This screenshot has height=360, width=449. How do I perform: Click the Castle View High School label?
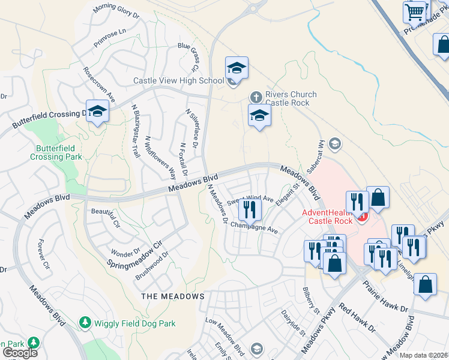(x=178, y=80)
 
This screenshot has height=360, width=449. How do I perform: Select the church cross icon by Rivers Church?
(x=256, y=96)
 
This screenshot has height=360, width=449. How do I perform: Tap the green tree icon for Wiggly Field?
(x=85, y=323)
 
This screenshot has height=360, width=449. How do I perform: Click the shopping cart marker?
(x=415, y=11)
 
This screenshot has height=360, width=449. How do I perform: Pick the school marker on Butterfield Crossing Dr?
(x=97, y=111)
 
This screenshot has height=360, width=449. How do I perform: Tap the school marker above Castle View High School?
(x=237, y=68)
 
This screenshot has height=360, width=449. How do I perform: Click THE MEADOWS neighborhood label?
(x=172, y=296)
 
